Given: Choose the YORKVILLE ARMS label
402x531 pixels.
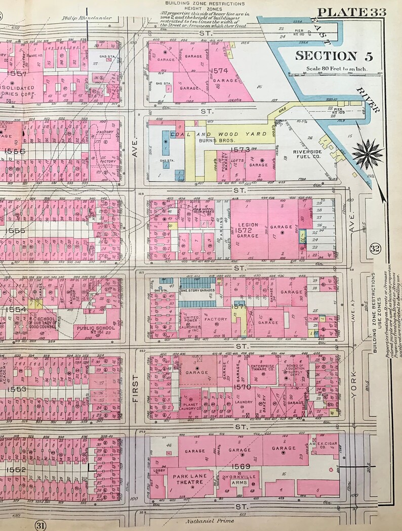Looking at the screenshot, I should coord(239,479).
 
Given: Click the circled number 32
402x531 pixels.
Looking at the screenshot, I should coord(375,248).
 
